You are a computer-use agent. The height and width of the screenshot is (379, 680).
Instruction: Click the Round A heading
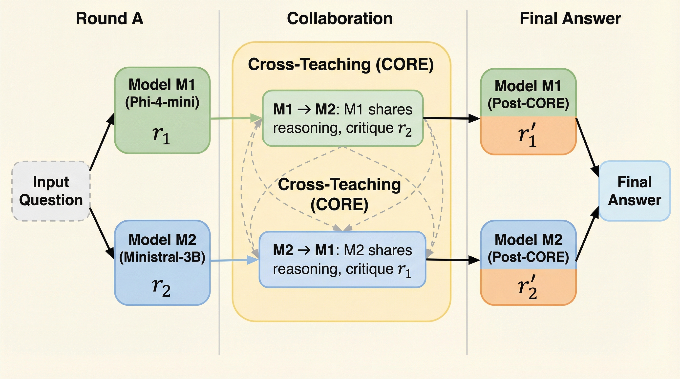click(x=109, y=19)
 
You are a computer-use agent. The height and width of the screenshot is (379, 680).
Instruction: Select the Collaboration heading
click(x=340, y=19)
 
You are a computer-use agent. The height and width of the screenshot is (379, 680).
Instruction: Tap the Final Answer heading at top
click(x=570, y=19)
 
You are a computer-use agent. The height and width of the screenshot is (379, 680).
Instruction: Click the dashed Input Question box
click(x=51, y=191)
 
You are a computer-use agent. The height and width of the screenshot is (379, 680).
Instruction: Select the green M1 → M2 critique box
click(x=343, y=118)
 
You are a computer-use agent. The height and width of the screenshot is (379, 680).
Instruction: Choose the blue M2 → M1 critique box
click(x=342, y=259)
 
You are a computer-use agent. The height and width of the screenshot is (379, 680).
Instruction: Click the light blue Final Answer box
click(x=635, y=191)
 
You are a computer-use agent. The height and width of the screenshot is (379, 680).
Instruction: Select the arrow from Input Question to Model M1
click(x=102, y=142)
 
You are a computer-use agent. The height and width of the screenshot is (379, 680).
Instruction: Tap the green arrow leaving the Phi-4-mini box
click(x=235, y=118)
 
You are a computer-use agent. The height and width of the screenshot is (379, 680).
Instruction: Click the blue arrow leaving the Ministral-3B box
click(x=234, y=260)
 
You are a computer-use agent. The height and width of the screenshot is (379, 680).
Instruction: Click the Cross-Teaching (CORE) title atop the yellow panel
click(x=341, y=65)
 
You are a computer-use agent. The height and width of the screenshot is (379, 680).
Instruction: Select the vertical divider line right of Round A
click(x=219, y=185)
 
